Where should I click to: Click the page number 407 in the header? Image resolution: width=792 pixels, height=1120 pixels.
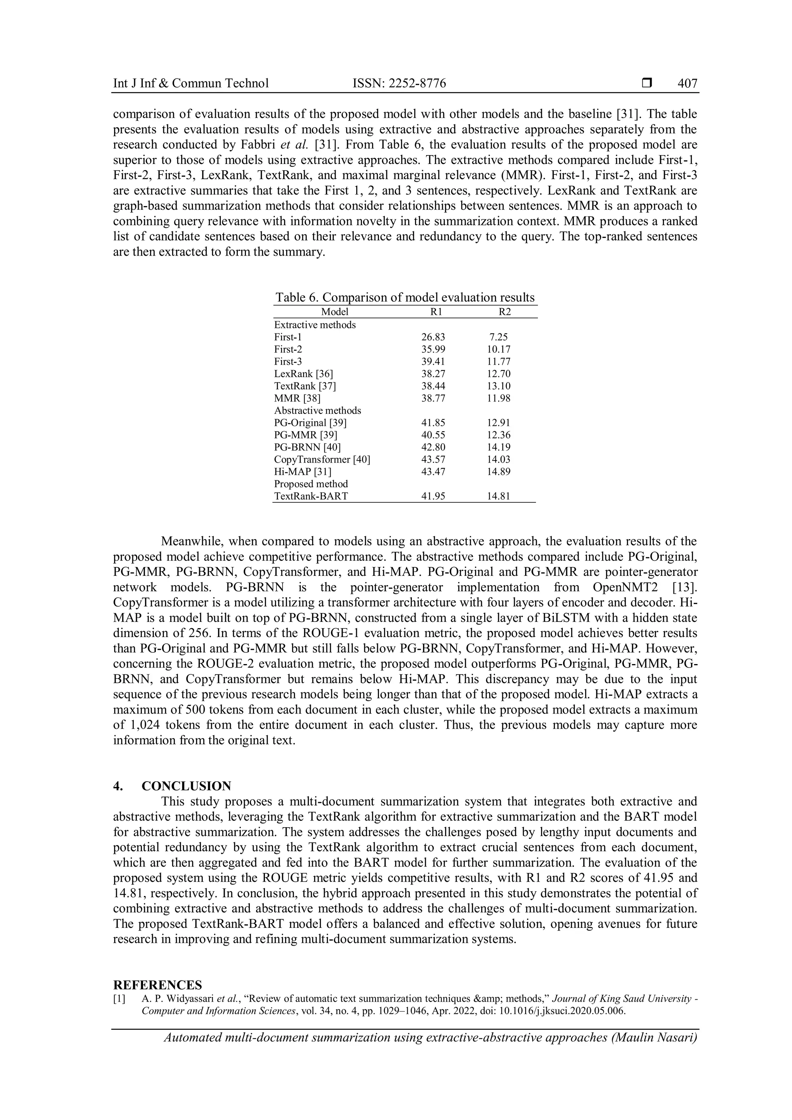click(x=687, y=84)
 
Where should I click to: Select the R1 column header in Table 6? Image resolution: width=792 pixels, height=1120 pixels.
click(x=437, y=312)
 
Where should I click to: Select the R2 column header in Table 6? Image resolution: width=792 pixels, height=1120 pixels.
click(x=505, y=312)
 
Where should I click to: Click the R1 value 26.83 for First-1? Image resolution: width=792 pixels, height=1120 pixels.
click(x=433, y=337)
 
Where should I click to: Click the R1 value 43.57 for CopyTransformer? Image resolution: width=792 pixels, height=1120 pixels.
click(x=433, y=459)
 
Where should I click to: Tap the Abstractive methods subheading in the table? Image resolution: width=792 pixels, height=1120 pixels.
click(x=317, y=411)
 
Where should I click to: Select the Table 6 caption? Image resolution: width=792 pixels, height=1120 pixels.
click(x=405, y=297)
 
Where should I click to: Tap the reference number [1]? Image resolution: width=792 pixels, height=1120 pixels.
click(x=119, y=999)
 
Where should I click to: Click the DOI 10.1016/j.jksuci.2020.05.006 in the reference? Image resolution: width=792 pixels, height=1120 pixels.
click(x=561, y=1011)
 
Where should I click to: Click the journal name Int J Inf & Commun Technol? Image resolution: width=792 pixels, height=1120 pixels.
click(x=191, y=84)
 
